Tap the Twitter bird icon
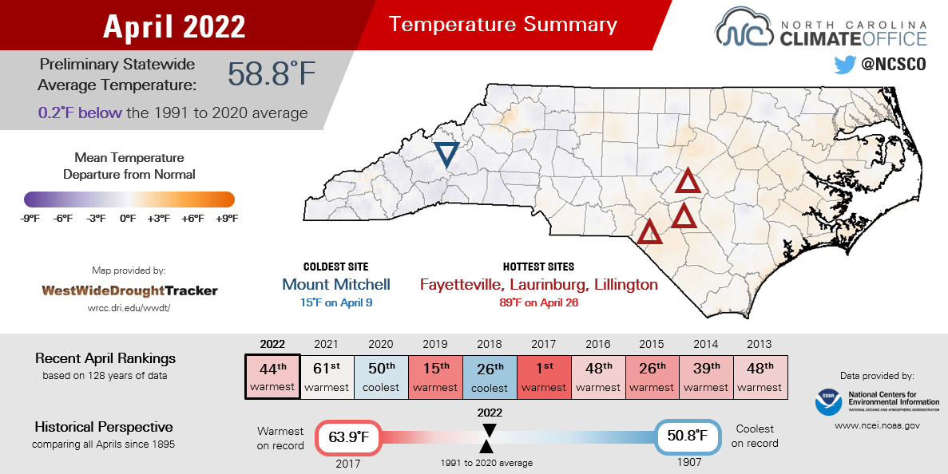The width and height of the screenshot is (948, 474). click(844, 65)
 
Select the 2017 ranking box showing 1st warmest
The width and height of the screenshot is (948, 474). click(543, 377)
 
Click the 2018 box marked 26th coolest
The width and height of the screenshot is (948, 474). click(490, 377)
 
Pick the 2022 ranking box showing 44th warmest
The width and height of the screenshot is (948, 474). click(272, 377)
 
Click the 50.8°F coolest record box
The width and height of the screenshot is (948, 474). click(688, 436)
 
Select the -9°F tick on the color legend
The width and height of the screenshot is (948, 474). click(31, 218)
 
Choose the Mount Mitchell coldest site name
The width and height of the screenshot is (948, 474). click(336, 284)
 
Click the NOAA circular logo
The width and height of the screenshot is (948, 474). click(828, 401)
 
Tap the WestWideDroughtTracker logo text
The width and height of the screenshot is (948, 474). click(129, 290)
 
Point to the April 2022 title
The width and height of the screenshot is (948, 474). click(174, 26)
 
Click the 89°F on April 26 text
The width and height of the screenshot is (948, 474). click(538, 302)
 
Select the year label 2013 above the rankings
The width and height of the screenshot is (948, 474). click(760, 344)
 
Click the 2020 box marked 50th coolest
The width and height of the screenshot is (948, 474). click(381, 377)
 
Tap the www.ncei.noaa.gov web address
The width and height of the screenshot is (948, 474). click(877, 426)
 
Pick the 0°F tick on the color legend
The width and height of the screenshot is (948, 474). click(128, 218)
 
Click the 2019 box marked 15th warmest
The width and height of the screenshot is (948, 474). click(435, 377)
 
